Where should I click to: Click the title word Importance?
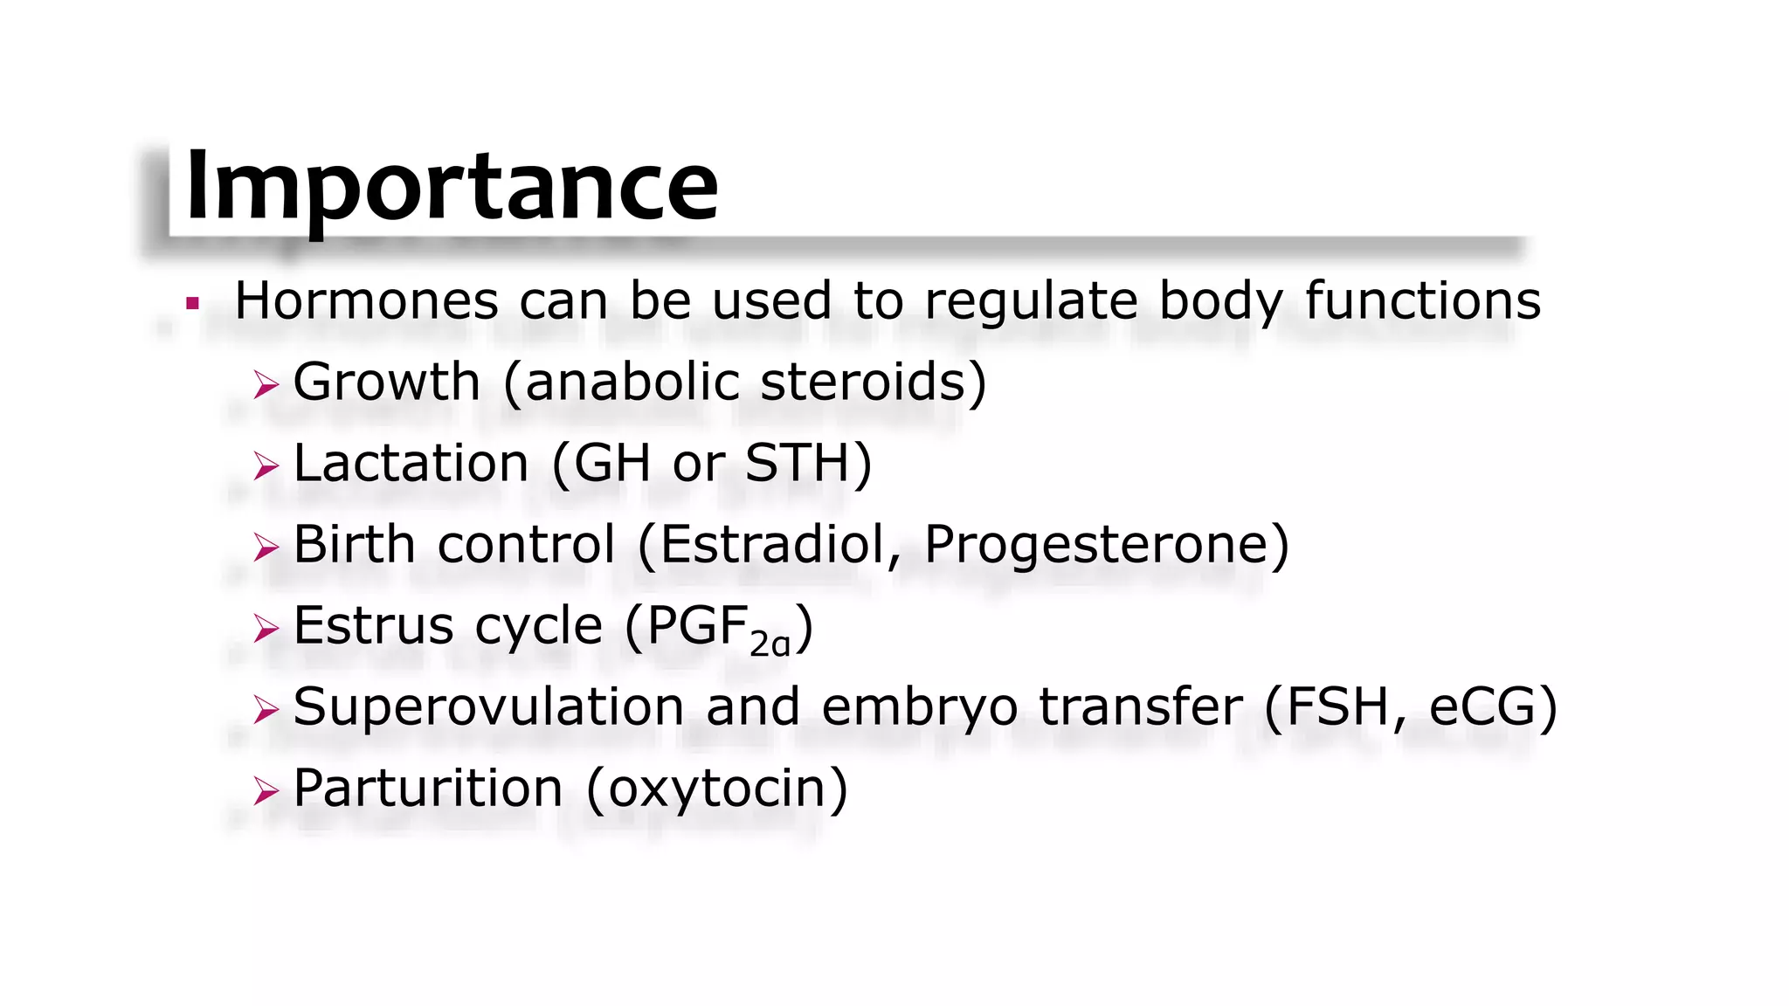tap(452, 187)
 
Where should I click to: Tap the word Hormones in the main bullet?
tap(367, 301)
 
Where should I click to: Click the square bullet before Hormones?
tap(193, 304)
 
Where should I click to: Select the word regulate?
tap(1031, 303)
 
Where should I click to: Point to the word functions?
tap(1423, 301)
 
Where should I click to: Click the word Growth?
tap(387, 382)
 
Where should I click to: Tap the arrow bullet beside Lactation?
tap(266, 465)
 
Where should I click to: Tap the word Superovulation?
tap(488, 706)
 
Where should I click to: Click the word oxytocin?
tap(716, 789)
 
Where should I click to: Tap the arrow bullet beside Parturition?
tap(266, 791)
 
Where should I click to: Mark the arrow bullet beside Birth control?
tap(266, 548)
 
